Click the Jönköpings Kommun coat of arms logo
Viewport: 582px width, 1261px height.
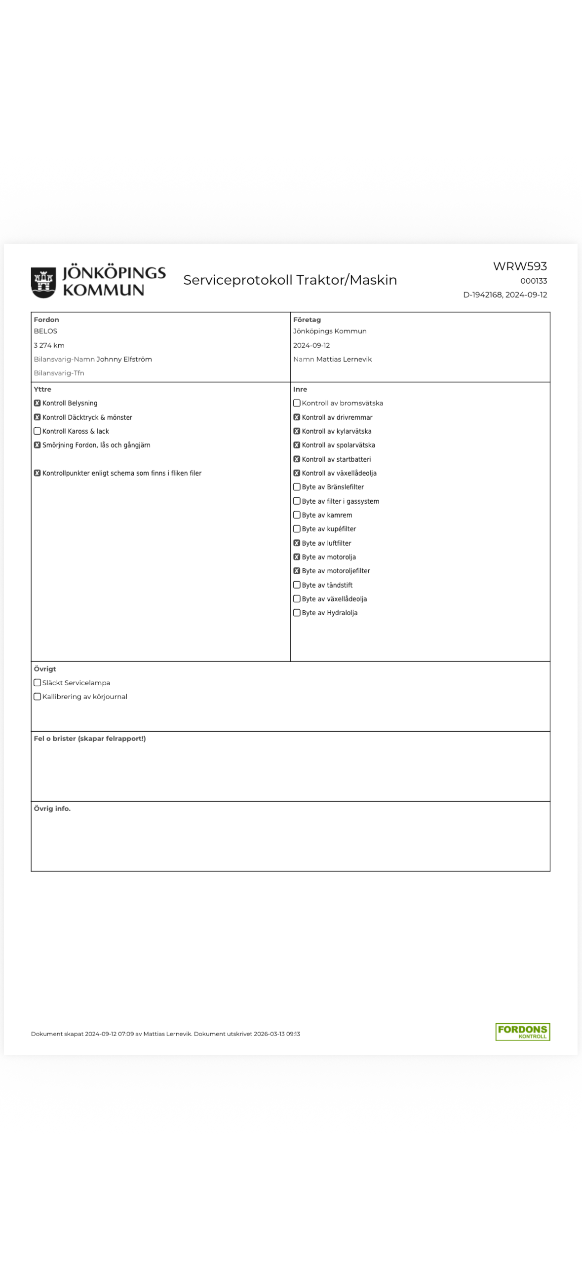43,282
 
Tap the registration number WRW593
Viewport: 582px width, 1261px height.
520,266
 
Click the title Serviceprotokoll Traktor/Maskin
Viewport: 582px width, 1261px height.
290,280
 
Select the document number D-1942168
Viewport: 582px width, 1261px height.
482,295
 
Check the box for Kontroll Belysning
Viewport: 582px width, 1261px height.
37,403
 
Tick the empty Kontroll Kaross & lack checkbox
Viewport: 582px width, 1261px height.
37,431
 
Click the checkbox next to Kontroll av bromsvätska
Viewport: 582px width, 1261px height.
297,403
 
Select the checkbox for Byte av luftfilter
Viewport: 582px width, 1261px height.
297,543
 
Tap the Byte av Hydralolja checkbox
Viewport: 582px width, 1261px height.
297,613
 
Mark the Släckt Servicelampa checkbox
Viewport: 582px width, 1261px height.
37,683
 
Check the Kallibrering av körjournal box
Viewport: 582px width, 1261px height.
37,697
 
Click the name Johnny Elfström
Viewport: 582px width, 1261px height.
124,359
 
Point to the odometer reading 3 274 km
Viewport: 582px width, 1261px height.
49,345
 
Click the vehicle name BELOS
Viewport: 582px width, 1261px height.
45,331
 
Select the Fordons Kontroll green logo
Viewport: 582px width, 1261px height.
522,1032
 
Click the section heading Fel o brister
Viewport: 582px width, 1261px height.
90,739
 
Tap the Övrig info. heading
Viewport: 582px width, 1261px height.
52,809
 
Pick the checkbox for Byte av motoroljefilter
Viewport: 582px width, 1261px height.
297,571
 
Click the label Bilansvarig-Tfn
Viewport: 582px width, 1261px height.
59,373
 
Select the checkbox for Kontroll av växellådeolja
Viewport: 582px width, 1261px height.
297,473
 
